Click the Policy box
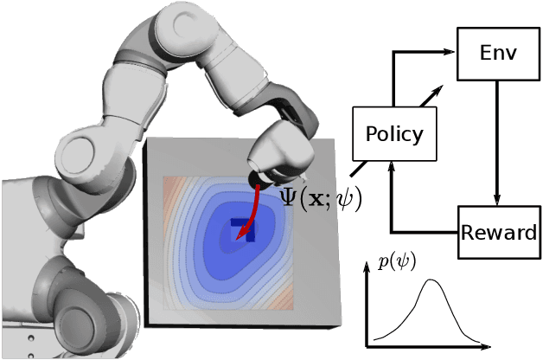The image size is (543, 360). point(394,135)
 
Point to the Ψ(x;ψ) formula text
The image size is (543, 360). point(321,198)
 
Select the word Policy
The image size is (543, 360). point(394,135)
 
